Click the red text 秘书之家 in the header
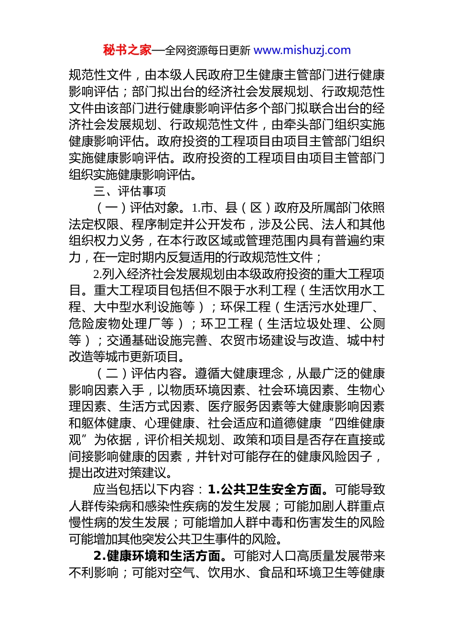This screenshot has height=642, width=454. pos(127,50)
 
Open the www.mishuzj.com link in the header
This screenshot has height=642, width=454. pos(302,50)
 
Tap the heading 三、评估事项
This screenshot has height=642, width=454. pos(130,191)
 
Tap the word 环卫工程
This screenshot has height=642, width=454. pos(227,324)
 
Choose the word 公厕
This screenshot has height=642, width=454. pos(372,324)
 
